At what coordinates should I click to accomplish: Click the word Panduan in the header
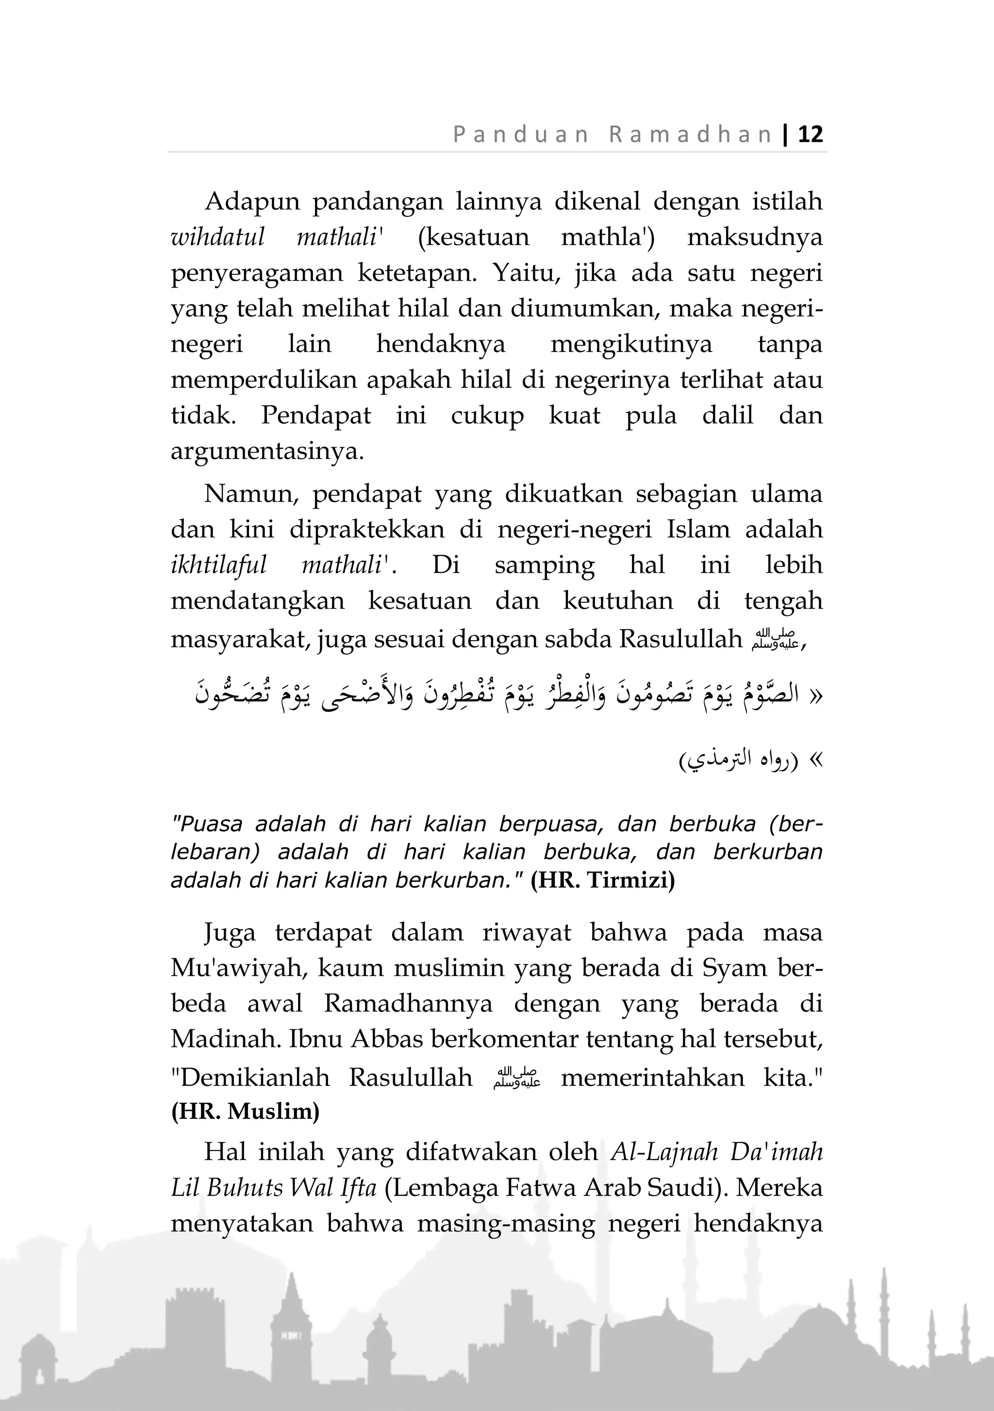[521, 134]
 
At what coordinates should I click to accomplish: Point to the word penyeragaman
[256, 273]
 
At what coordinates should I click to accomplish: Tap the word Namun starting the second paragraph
[250, 494]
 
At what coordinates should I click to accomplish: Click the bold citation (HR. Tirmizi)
[603, 880]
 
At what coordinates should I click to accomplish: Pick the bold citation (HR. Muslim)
[245, 1111]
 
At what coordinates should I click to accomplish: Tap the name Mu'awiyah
[243, 968]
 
